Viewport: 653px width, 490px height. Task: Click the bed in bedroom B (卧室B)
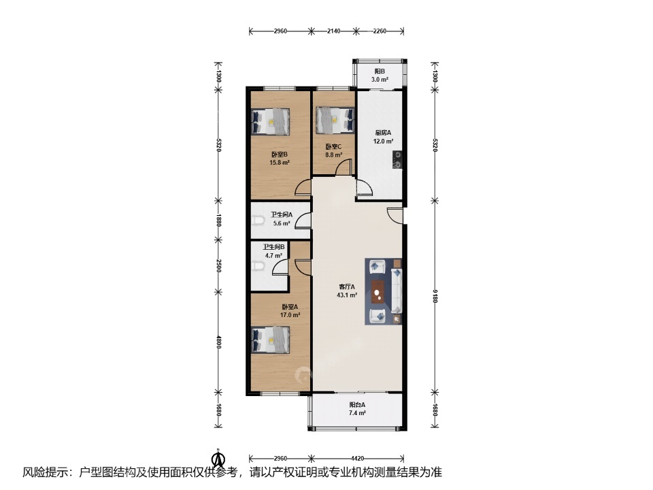tap(270, 121)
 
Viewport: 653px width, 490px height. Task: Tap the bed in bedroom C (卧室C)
tap(335, 120)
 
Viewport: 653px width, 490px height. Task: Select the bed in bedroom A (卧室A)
tap(270, 340)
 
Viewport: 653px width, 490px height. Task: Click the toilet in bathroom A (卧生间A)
tap(258, 220)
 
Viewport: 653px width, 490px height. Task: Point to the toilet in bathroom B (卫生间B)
tap(258, 265)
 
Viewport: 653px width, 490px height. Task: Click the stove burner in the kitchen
tap(397, 160)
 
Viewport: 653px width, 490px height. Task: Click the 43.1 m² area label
tap(347, 295)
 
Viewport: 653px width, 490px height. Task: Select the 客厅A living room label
tap(347, 287)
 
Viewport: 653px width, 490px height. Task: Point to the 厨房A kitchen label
tap(383, 133)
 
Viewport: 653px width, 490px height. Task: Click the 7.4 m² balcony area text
tap(357, 413)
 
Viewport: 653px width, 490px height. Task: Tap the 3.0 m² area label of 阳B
tap(380, 80)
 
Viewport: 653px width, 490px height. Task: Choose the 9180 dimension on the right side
tap(435, 297)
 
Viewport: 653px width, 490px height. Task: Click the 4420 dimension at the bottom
tap(358, 458)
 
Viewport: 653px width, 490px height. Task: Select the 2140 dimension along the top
tap(333, 31)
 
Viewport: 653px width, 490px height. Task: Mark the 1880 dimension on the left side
tap(218, 220)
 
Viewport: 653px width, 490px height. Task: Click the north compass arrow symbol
tap(218, 459)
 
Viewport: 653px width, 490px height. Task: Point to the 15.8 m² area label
tap(280, 163)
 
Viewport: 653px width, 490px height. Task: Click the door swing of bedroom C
tap(344, 167)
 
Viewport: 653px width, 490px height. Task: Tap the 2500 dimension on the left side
tap(218, 266)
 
